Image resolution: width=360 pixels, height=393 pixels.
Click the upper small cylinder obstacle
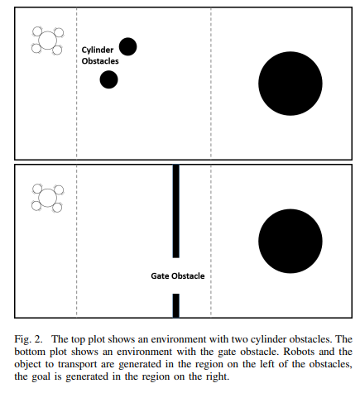pos(127,46)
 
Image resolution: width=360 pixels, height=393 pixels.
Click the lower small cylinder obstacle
pos(108,79)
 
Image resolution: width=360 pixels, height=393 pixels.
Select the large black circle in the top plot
pos(290,84)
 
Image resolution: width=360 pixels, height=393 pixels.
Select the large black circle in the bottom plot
pos(290,241)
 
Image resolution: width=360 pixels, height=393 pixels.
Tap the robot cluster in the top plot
pos(48,41)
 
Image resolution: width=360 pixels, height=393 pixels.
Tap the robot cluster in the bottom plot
pos(48,198)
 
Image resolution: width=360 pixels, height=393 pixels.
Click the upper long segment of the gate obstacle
pos(176,211)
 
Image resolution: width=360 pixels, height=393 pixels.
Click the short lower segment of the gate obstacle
pos(176,305)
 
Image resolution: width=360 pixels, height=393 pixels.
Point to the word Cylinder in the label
pos(98,50)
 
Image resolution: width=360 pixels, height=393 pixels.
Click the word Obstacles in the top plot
pos(100,61)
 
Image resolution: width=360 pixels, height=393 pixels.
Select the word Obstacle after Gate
pos(188,276)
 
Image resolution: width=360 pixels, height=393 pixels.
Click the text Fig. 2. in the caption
pos(28,339)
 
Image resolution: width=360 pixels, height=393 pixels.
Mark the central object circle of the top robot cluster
pos(48,41)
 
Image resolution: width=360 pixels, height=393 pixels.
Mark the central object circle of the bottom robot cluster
pos(48,198)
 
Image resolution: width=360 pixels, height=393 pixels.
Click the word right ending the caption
pos(217,377)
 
